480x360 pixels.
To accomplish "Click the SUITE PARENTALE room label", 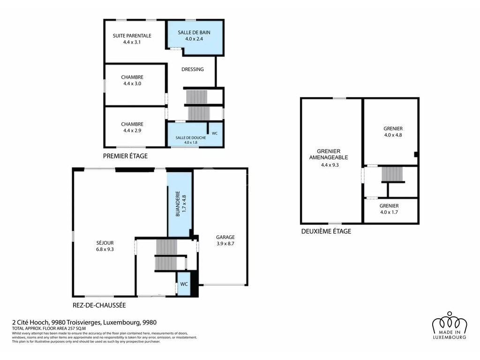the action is [x=132, y=36].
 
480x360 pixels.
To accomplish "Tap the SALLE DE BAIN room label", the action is [x=194, y=32].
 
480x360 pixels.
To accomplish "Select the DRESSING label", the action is [x=193, y=69].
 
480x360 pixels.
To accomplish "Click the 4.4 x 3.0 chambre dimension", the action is [x=132, y=83].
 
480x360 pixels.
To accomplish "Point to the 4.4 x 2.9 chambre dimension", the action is [x=132, y=130].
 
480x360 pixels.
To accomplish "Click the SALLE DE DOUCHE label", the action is [x=191, y=138].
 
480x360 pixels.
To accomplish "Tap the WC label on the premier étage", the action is [x=215, y=133].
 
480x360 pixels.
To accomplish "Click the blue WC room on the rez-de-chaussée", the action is [x=184, y=284].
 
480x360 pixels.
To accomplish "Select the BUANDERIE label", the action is [x=178, y=204].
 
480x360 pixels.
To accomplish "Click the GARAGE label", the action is [x=225, y=237].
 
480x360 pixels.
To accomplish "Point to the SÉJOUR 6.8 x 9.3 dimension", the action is [x=105, y=249].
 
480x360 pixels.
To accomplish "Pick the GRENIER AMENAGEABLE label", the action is [x=329, y=154].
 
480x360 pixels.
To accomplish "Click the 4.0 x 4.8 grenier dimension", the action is [x=393, y=135].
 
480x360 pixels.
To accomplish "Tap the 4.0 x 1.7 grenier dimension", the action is [x=389, y=212].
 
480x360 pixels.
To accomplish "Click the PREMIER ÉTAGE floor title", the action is [x=125, y=156].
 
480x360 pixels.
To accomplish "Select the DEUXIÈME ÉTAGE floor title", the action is [x=326, y=231].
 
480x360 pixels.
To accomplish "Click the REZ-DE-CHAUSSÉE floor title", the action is [x=99, y=305].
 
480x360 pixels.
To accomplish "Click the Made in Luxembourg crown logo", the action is [x=450, y=325].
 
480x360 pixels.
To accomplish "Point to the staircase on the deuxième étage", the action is [x=393, y=174].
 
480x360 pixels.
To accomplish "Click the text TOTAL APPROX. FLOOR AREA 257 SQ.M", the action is [x=49, y=329].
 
